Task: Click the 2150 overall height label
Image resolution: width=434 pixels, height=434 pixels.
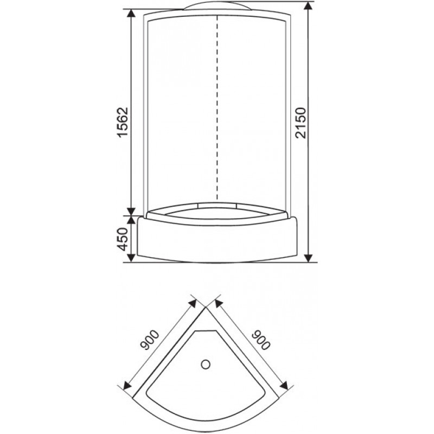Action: [301, 123]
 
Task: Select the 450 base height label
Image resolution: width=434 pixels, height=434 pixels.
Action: [123, 239]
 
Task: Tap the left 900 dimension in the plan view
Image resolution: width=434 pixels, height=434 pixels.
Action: [150, 340]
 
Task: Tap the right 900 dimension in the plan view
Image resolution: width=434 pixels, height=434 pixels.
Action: [260, 340]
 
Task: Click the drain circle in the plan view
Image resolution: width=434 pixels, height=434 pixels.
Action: [206, 364]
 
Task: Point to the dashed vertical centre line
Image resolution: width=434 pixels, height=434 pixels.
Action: [217, 107]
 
